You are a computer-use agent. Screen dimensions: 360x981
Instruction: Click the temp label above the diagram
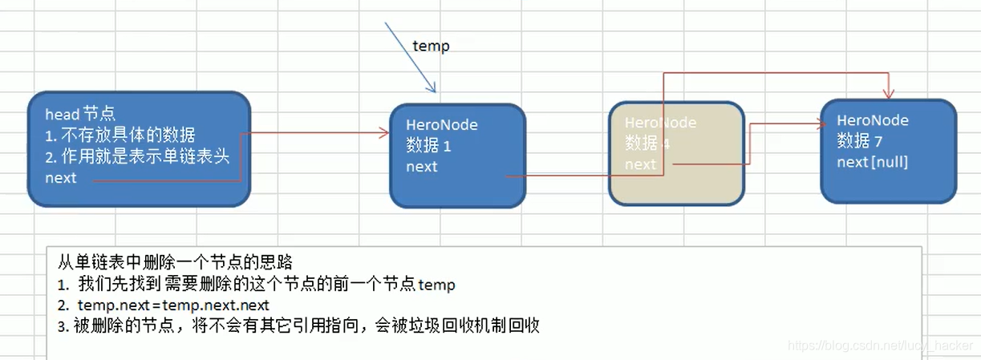pyautogui.click(x=431, y=46)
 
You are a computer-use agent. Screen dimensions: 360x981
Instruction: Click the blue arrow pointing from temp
pyautogui.click(x=410, y=57)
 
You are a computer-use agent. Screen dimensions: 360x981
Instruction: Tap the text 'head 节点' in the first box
pyautogui.click(x=80, y=115)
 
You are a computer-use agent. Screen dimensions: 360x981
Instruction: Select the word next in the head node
pyautogui.click(x=61, y=178)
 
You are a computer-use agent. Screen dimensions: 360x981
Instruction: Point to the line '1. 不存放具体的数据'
pyautogui.click(x=120, y=136)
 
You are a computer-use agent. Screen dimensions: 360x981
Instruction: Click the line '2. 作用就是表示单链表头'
pyautogui.click(x=137, y=157)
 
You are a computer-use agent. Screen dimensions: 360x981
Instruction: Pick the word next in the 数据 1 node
pyautogui.click(x=422, y=167)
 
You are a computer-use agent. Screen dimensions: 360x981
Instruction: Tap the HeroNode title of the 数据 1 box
pyautogui.click(x=442, y=125)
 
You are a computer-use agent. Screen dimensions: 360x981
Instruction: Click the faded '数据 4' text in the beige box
pyautogui.click(x=647, y=144)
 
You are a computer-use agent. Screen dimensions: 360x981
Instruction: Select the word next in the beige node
pyautogui.click(x=641, y=164)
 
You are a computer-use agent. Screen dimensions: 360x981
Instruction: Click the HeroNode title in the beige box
pyautogui.click(x=660, y=123)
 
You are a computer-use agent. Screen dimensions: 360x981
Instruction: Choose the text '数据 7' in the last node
pyautogui.click(x=859, y=141)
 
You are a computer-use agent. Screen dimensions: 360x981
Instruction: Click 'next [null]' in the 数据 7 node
pyautogui.click(x=872, y=161)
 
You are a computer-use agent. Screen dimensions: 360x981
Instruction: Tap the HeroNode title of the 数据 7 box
pyautogui.click(x=873, y=120)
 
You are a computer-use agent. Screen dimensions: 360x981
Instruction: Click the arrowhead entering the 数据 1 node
pyautogui.click(x=383, y=134)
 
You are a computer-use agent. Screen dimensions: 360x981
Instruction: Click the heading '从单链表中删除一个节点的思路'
pyautogui.click(x=175, y=262)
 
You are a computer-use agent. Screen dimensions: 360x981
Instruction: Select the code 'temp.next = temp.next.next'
pyautogui.click(x=173, y=305)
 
